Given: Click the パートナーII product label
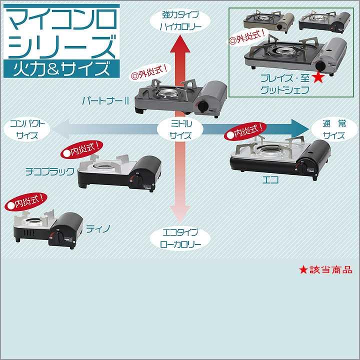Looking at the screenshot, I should [106, 100].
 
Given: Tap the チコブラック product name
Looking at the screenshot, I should [50, 171].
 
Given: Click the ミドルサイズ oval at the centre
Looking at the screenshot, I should [180, 129].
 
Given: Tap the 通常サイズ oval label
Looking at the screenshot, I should [333, 129].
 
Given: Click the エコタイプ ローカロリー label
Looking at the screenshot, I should [180, 238].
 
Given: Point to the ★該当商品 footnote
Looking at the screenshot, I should [326, 270].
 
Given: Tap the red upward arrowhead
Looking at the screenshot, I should [180, 45].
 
